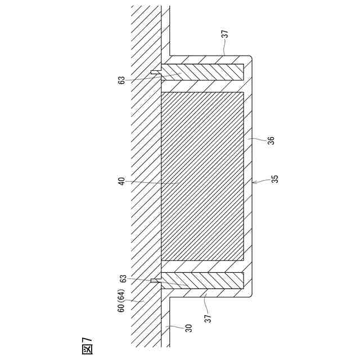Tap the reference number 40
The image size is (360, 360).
[x=121, y=182]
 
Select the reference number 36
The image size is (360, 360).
[x=271, y=140]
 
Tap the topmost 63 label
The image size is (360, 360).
[x=121, y=80]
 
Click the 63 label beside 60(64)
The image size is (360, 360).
[x=121, y=280]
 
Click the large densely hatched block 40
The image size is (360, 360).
[x=202, y=174]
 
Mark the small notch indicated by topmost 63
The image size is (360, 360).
[x=154, y=72]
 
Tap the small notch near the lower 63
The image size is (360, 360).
[x=154, y=280]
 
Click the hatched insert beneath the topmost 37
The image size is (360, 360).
[x=202, y=71]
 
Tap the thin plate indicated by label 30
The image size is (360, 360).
[x=165, y=326]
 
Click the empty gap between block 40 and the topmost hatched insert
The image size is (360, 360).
[x=202, y=85]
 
